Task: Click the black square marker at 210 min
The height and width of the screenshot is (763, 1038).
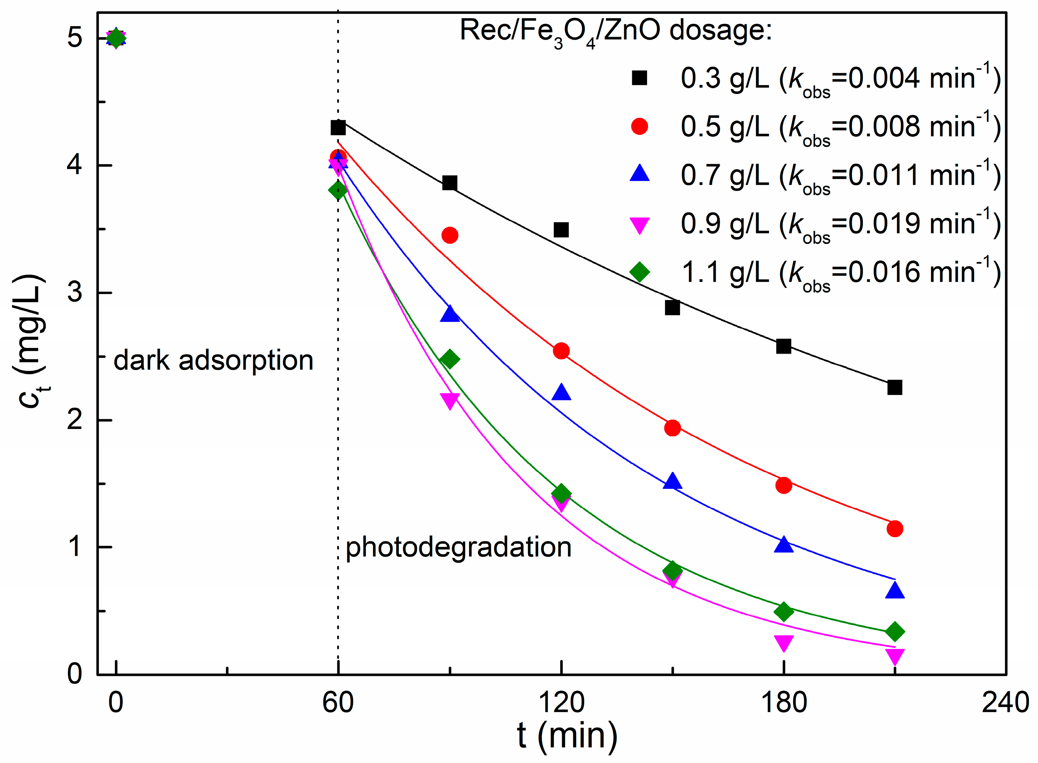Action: pyautogui.click(x=894, y=387)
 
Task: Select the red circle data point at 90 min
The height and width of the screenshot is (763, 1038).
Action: pyautogui.click(x=450, y=235)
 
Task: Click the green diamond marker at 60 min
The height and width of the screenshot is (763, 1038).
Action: pyautogui.click(x=338, y=190)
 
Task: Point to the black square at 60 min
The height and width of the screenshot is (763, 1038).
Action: pyautogui.click(x=338, y=127)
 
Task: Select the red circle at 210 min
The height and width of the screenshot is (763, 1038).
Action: pyautogui.click(x=894, y=528)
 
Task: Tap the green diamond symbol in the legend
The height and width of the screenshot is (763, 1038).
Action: pyautogui.click(x=639, y=272)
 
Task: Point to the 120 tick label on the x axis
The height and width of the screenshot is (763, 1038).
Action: pyautogui.click(x=561, y=703)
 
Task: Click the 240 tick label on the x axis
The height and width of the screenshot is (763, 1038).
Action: pyautogui.click(x=1005, y=703)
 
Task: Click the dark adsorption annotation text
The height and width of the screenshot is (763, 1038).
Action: pyautogui.click(x=213, y=361)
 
